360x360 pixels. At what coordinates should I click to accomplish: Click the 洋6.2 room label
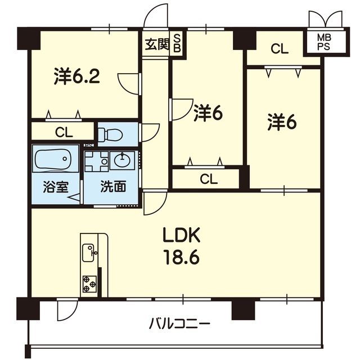click(x=77, y=75)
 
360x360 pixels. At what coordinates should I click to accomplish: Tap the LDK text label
click(x=181, y=235)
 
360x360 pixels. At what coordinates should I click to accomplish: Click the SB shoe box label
click(x=177, y=43)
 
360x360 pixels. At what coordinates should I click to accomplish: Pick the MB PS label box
click(x=323, y=43)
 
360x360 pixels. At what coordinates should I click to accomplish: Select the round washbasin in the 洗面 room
click(x=122, y=160)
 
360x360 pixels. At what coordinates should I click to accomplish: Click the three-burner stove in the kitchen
click(x=89, y=284)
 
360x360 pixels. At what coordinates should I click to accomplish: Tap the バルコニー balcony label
click(x=180, y=325)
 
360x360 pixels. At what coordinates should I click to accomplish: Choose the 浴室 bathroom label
click(x=56, y=187)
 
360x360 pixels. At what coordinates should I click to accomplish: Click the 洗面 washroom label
click(x=113, y=186)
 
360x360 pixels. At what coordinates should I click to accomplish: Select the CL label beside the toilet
click(x=64, y=133)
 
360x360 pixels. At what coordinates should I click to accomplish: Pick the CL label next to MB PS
click(x=279, y=49)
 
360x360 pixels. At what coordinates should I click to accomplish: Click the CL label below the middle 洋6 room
click(x=209, y=179)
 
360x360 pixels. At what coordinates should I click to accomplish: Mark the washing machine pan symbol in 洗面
click(x=96, y=161)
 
